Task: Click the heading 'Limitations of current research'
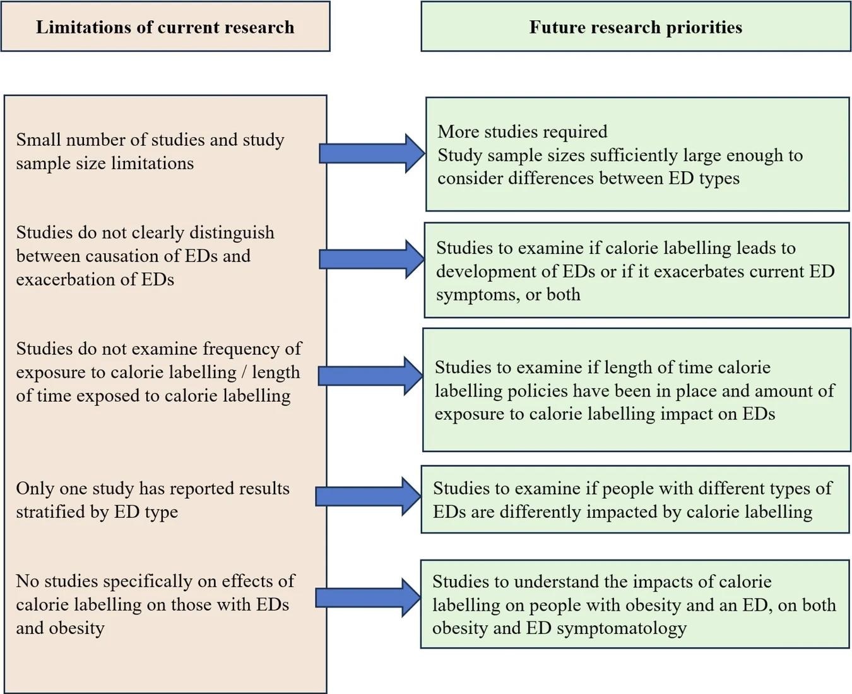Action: click(x=165, y=27)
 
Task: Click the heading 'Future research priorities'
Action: click(x=636, y=27)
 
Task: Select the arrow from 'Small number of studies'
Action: click(x=372, y=153)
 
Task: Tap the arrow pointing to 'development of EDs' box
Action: click(x=372, y=259)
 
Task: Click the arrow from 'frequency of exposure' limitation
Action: click(x=371, y=376)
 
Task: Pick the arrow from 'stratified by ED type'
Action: click(x=369, y=496)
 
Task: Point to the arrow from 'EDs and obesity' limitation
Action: click(x=369, y=597)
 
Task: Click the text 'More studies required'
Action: click(x=523, y=131)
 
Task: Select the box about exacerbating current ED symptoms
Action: click(x=636, y=270)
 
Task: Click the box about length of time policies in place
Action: click(x=636, y=390)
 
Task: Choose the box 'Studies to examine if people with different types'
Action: click(x=635, y=500)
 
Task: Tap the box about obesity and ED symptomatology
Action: click(x=635, y=604)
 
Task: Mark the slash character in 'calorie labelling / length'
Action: click(x=244, y=373)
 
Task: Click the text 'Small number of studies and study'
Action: click(x=150, y=140)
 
